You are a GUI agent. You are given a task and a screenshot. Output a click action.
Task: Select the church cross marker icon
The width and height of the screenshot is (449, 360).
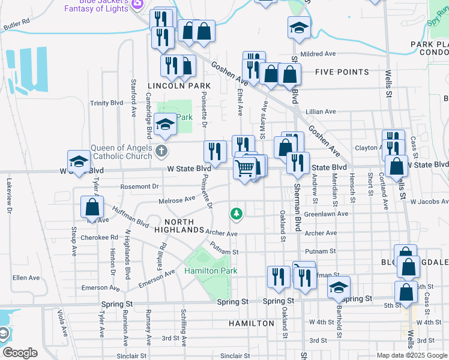(x=161, y=150)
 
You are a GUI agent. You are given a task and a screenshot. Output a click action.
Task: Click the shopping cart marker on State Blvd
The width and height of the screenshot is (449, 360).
(x=244, y=170)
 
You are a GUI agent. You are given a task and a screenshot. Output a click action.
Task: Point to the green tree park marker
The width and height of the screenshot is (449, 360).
(x=237, y=213)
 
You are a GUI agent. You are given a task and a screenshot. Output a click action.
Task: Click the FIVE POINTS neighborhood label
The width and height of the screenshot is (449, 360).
(x=342, y=72)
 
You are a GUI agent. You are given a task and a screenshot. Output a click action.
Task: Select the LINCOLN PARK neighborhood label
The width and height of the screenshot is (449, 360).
(x=179, y=86)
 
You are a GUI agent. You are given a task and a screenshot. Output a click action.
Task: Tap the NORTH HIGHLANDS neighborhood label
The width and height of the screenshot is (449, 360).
(x=179, y=225)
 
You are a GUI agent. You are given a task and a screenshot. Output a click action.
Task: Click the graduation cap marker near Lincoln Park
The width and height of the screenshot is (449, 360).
(x=164, y=125)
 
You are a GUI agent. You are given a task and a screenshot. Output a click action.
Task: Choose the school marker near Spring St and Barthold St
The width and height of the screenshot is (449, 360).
(x=339, y=288)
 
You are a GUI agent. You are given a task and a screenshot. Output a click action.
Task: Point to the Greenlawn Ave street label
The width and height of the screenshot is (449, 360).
(x=326, y=214)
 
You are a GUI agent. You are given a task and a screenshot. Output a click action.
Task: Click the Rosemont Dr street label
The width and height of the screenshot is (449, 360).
(x=139, y=187)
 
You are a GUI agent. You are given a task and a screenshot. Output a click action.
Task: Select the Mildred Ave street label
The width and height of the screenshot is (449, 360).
(x=319, y=53)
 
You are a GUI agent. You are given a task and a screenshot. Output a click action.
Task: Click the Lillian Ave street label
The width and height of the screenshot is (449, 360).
(x=321, y=112)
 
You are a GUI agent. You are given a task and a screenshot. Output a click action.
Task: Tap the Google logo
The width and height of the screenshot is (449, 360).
(x=20, y=353)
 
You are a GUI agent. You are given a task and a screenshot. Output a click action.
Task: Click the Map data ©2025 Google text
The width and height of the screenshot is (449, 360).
(x=411, y=355)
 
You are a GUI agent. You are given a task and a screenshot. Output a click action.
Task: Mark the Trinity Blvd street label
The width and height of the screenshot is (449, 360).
(x=107, y=103)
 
